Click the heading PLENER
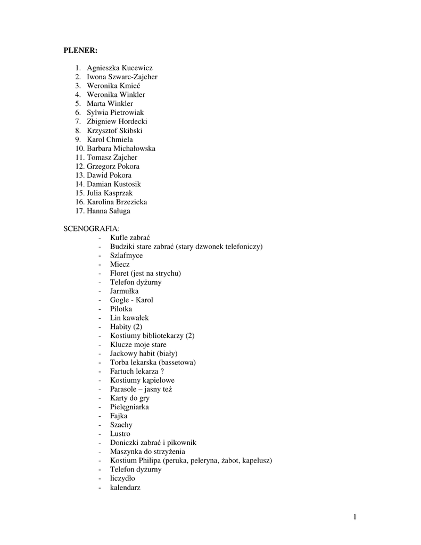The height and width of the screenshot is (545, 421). coord(80,50)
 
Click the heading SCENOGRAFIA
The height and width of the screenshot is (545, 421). coord(92,228)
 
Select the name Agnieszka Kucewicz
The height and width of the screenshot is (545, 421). coord(119,68)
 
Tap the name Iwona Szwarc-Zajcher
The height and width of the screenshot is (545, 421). coord(122,77)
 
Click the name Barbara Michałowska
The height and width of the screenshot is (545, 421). coord(121,148)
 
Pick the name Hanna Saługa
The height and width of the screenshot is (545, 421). coord(108,211)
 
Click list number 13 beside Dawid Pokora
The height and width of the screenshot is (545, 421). coord(80,175)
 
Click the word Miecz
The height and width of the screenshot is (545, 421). coord(120,264)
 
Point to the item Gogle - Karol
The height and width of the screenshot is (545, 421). coord(131,300)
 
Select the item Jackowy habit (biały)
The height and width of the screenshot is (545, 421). coord(144,353)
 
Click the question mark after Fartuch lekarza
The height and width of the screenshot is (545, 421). coord(162,371)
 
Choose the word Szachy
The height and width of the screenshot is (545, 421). coord(121,425)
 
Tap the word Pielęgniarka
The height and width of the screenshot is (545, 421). coord(129,407)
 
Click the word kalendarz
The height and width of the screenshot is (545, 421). coord(125,487)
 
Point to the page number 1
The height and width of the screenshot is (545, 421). coord(354,517)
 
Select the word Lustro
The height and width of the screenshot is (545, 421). coord(120,434)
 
